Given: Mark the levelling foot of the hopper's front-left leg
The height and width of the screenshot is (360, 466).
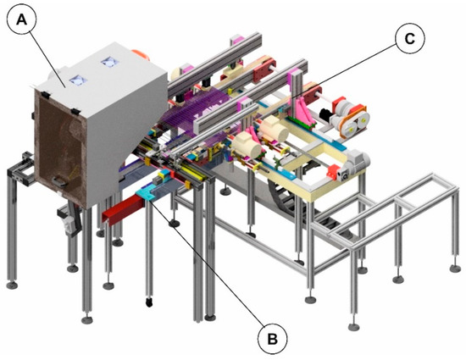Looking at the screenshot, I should [x=89, y=320].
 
